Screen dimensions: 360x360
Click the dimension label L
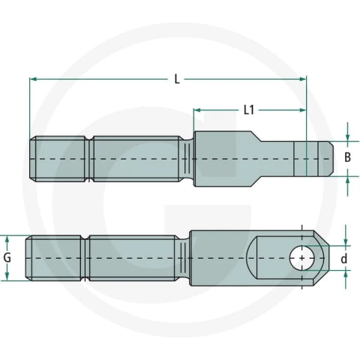coord(177,79)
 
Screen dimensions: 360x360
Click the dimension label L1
coord(249,110)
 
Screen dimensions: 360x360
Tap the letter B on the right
coord(347,157)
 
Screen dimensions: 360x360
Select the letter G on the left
coord(7,258)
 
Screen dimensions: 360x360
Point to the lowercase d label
coord(344,259)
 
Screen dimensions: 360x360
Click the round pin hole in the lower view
coord(302,258)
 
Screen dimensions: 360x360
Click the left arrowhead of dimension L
coord(33,79)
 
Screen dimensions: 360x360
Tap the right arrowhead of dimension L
coord(303,79)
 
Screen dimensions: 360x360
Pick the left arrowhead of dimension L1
coord(197,110)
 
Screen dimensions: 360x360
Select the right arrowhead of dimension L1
coord(303,110)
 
